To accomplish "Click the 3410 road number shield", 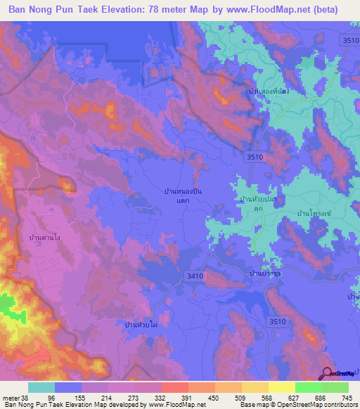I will tap(195, 276).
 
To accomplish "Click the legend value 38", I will tap(23, 397).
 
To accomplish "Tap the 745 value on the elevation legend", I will tap(347, 397).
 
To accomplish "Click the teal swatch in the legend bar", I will tap(41, 387).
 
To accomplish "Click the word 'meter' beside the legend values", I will tap(11, 397).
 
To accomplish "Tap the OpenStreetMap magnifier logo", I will tap(327, 373).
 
